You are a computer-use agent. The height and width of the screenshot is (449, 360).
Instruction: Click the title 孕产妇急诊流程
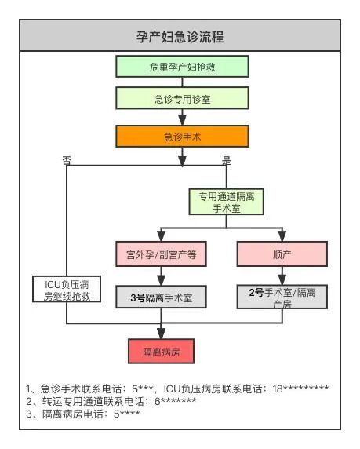180,36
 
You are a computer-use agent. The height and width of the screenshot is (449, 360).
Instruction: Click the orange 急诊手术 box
184,137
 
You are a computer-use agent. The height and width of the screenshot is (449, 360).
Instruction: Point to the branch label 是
227,160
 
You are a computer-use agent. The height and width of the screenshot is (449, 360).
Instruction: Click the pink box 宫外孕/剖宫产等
161,255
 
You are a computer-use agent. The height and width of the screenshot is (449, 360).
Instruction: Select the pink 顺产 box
281,255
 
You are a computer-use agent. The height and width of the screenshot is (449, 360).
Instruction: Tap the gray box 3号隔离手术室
161,298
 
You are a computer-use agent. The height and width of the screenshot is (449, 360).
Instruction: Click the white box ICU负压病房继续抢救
67,288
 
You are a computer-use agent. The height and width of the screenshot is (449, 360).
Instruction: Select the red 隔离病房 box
161,351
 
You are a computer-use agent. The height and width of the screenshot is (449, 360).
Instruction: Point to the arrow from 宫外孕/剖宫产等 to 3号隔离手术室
161,276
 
